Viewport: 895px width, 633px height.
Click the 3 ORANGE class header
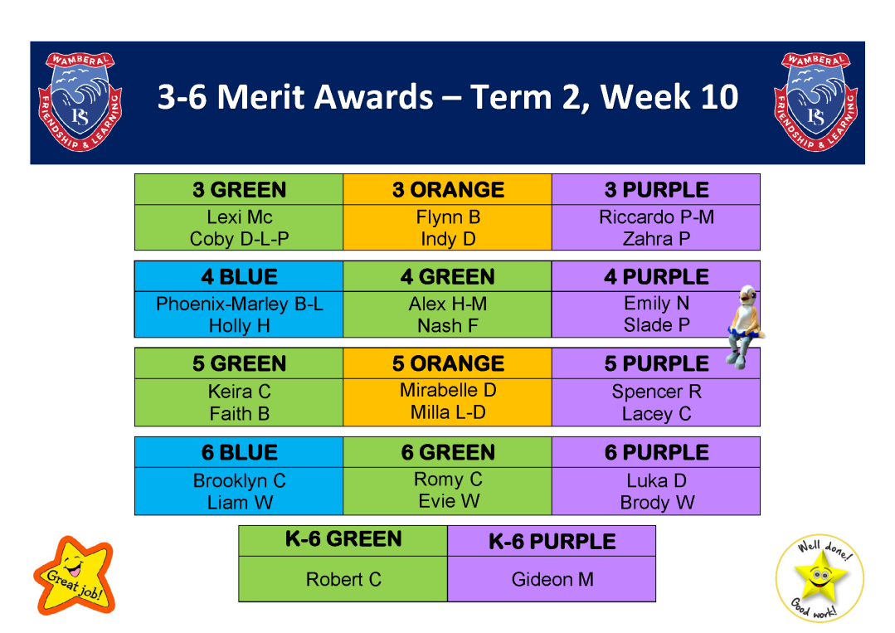point(448,189)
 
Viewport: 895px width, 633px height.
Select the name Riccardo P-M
point(656,217)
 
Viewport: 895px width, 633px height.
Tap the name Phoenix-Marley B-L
point(239,304)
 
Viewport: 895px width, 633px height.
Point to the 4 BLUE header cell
point(239,276)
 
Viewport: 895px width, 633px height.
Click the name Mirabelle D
point(448,390)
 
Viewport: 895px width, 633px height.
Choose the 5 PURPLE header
point(656,363)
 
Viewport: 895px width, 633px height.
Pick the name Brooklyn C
point(239,480)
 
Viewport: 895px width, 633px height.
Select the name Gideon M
point(552,579)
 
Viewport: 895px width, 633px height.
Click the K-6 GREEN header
point(343,538)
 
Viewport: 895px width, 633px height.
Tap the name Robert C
point(343,579)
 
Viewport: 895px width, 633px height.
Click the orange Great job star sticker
point(75,576)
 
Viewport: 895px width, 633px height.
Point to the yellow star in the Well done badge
point(820,577)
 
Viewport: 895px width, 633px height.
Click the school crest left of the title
point(80,101)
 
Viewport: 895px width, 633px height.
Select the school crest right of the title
point(815,101)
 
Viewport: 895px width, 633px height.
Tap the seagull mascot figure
point(745,327)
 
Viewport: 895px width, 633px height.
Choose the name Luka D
point(656,480)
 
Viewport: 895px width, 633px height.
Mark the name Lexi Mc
point(239,217)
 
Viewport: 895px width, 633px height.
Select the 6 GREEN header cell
point(448,452)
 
